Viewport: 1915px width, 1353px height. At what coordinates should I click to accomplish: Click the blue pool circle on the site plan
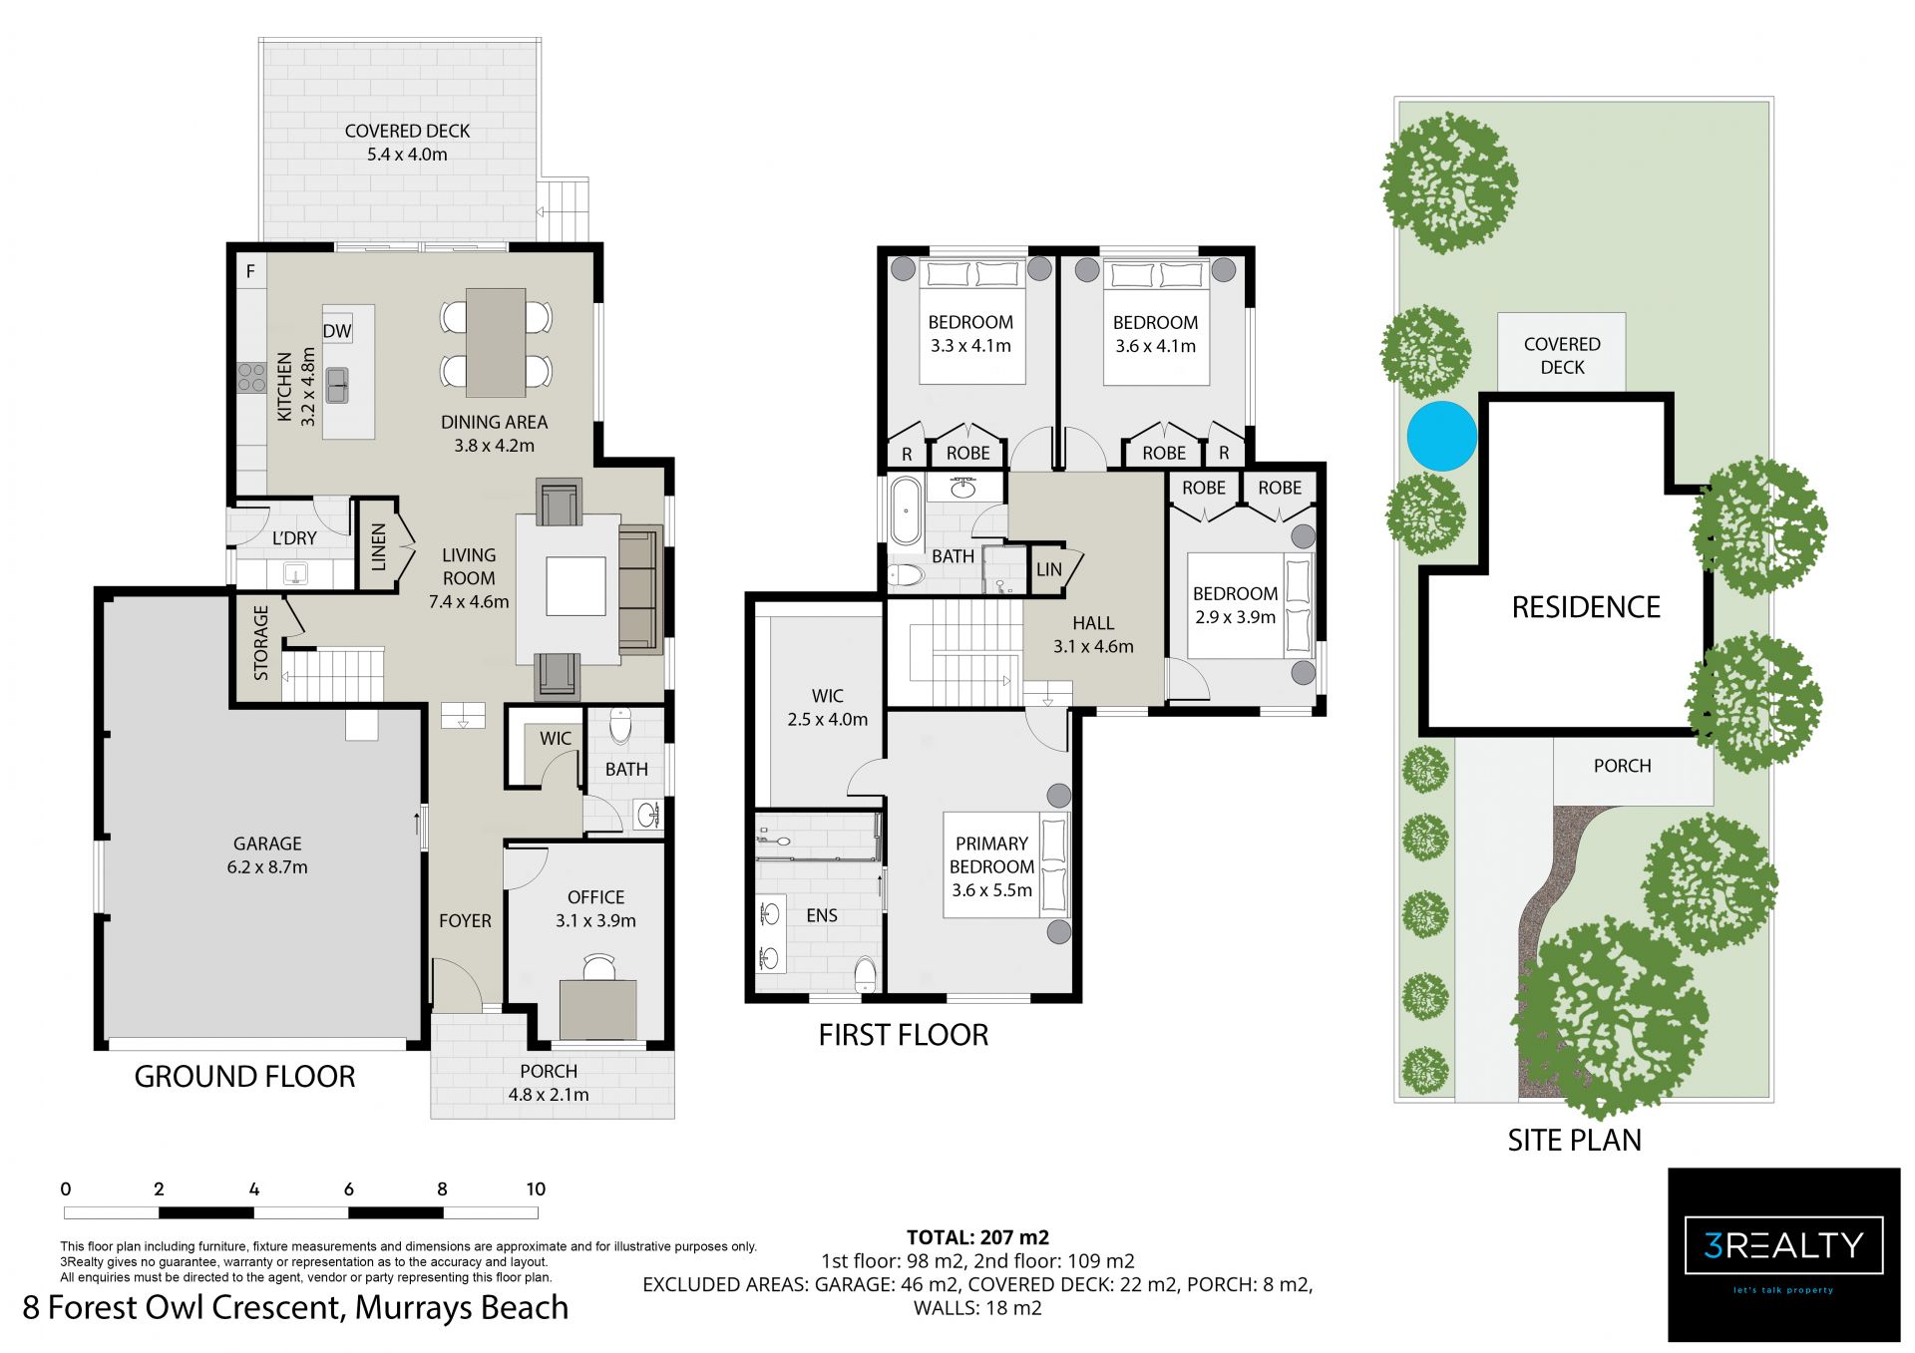1441,436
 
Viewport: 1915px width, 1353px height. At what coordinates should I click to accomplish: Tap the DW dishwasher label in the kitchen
337,331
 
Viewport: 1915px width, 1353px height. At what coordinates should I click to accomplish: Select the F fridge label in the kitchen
250,271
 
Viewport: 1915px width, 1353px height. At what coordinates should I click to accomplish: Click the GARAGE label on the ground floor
267,844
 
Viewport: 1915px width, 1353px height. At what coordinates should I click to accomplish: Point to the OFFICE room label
595,897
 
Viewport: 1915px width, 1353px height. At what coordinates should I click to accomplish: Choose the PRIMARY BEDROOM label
991,855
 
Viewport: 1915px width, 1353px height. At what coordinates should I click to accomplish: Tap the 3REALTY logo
1784,1245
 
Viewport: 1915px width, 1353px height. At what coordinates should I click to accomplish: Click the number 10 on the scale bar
536,1188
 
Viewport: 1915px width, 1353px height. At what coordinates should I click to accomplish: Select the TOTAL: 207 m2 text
977,1237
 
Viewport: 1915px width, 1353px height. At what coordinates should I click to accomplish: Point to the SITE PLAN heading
1574,1140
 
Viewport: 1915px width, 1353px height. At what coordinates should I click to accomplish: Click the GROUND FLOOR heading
244,1077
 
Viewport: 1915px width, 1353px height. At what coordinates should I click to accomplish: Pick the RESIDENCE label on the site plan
1586,607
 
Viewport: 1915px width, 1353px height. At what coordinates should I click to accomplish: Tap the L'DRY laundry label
294,538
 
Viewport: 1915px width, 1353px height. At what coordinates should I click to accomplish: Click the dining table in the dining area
496,343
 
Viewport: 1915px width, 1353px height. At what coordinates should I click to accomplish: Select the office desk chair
599,967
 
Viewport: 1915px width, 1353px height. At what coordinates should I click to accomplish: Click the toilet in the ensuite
865,973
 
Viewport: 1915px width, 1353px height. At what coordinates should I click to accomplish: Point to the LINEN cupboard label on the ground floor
378,547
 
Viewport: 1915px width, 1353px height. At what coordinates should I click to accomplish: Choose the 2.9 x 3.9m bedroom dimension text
1235,617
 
